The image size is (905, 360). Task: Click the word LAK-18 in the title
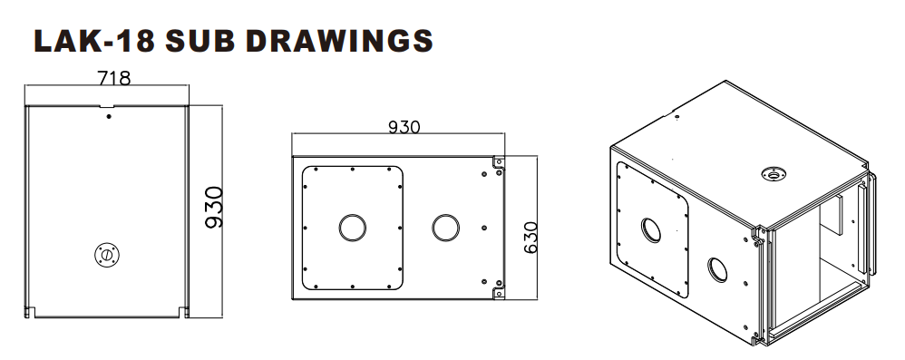pyautogui.click(x=94, y=41)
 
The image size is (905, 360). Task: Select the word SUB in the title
pyautogui.click(x=200, y=41)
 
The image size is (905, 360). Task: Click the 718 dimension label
pyautogui.click(x=113, y=78)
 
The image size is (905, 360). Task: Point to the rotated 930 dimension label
pyautogui.click(x=214, y=207)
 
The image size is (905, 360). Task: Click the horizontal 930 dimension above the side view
pyautogui.click(x=404, y=127)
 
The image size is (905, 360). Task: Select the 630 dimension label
pyautogui.click(x=530, y=237)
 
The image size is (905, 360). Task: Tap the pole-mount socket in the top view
pyautogui.click(x=107, y=255)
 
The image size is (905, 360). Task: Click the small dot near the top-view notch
pyautogui.click(x=109, y=117)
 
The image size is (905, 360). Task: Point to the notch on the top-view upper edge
pyautogui.click(x=107, y=106)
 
